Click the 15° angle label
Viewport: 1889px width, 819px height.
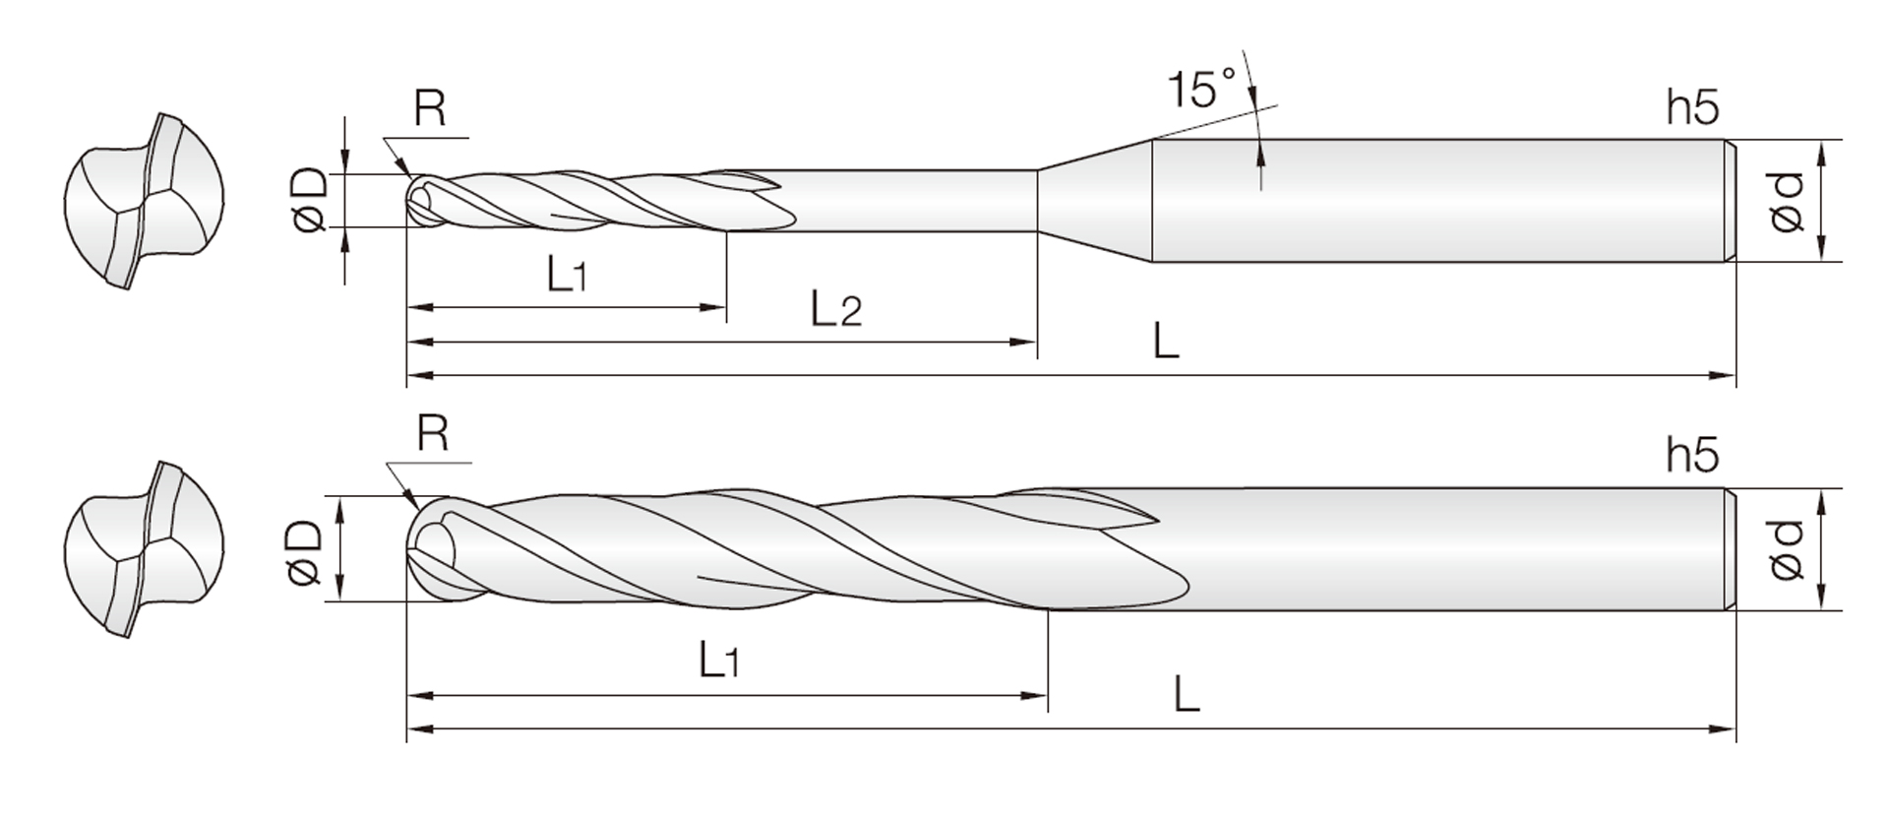[1201, 89]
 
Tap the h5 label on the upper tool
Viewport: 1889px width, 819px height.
[1692, 106]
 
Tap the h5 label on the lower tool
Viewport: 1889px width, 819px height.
[1692, 455]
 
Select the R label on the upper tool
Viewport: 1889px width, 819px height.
[430, 108]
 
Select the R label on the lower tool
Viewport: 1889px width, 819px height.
[433, 432]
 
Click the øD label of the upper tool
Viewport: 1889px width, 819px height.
[309, 200]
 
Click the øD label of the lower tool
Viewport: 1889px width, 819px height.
[305, 550]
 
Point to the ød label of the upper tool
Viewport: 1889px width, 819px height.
[1787, 202]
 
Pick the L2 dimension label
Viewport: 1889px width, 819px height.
[836, 309]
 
